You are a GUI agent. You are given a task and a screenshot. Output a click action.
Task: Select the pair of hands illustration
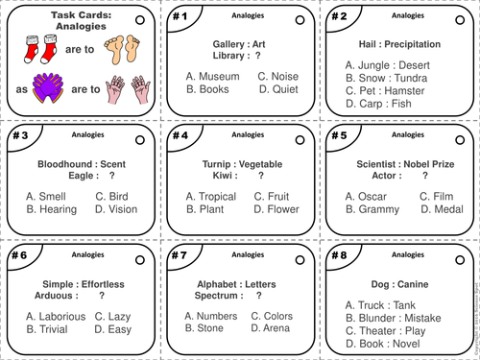[131, 90]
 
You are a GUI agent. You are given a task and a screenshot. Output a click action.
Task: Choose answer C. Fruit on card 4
[271, 196]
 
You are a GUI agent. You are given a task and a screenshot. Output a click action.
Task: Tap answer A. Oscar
[366, 196]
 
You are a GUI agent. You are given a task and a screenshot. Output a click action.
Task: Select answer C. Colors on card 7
[272, 316]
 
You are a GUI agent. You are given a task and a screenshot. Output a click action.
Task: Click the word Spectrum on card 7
[211, 296]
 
